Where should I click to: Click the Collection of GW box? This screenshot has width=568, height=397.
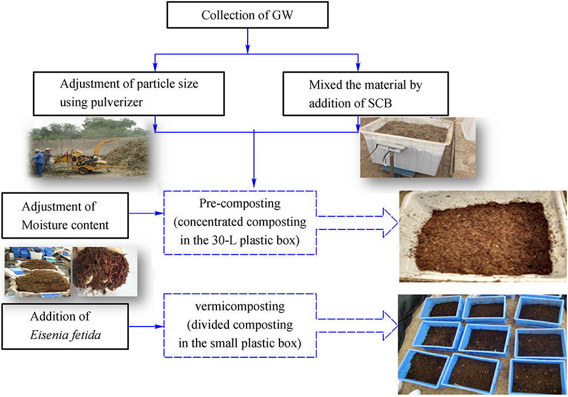(247, 14)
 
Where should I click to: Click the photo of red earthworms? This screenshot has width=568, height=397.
(105, 271)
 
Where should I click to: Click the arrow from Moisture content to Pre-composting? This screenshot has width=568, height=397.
(147, 214)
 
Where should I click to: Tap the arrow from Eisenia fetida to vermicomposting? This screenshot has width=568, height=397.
(147, 327)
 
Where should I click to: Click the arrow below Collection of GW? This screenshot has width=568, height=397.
(248, 39)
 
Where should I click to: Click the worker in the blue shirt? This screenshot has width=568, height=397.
(38, 162)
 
